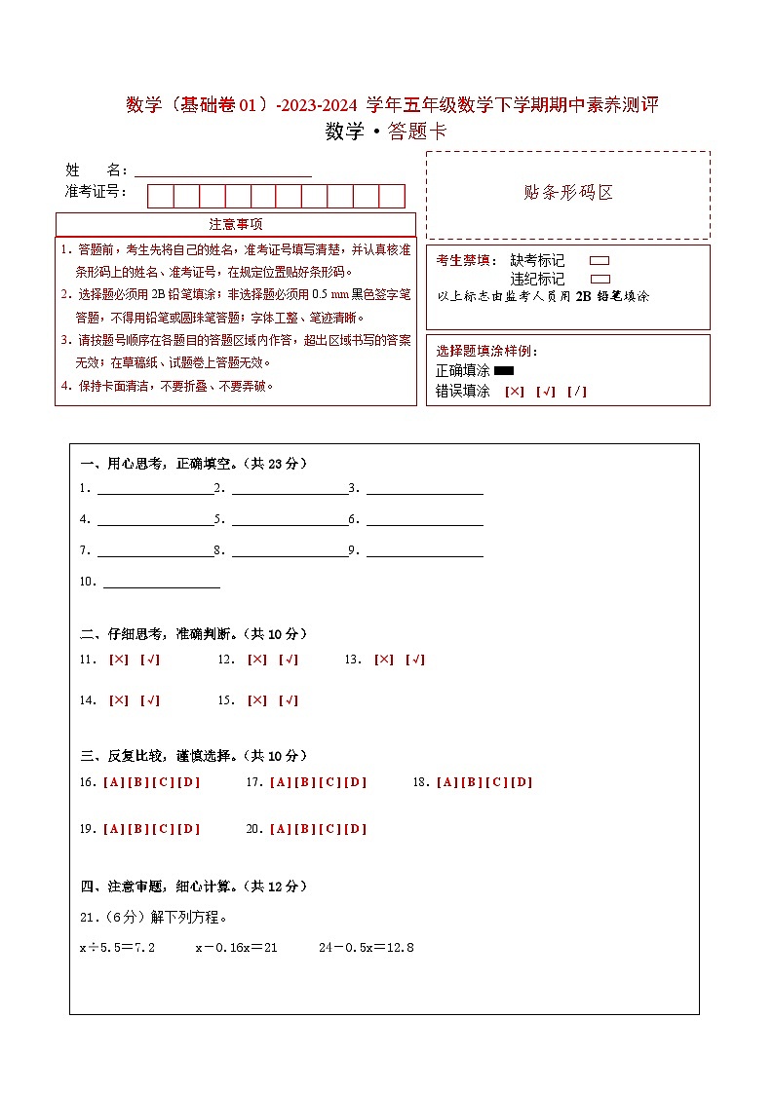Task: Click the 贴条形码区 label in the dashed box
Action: pos(568,193)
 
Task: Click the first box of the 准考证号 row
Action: pos(160,196)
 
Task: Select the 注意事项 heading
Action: pos(236,225)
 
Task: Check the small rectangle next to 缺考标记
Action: pos(600,261)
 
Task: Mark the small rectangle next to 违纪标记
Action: pos(600,279)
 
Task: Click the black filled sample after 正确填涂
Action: pos(504,371)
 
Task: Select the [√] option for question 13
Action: pos(415,660)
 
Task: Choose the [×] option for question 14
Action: pos(119,700)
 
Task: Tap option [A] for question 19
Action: pos(113,829)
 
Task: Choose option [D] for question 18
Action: pos(522,782)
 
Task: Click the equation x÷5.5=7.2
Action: pos(117,947)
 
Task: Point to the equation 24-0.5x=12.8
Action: pos(367,947)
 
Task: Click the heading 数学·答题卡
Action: pos(386,132)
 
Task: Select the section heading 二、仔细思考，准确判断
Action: pos(193,634)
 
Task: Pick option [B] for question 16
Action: pos(138,782)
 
